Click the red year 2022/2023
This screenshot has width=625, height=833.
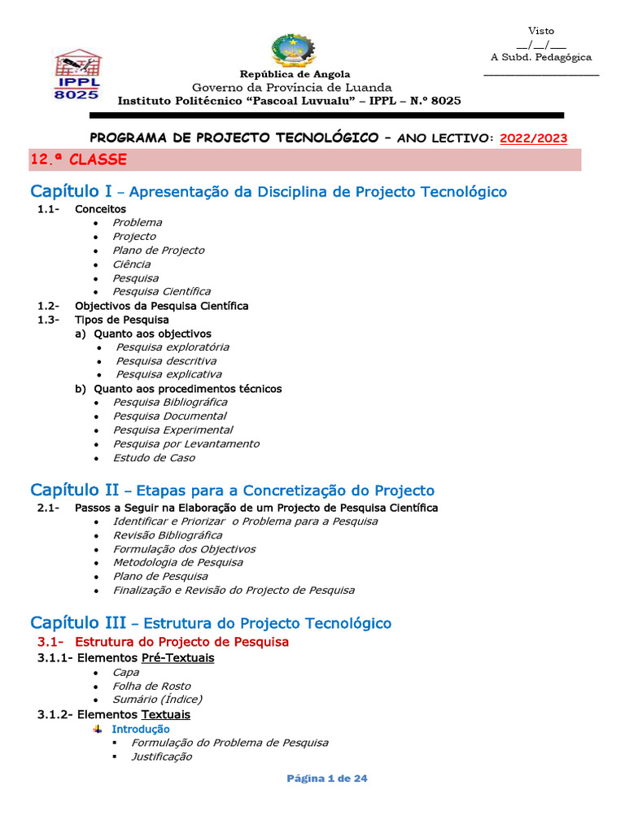534,138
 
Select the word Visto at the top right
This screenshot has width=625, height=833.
541,31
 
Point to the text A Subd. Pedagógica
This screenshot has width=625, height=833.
541,58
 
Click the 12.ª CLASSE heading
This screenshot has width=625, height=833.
79,159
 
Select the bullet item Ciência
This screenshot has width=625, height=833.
131,264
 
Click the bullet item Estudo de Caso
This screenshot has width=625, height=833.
154,458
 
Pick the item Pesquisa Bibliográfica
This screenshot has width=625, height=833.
170,402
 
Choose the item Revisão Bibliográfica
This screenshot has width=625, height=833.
167,535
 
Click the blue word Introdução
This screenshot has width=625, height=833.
141,730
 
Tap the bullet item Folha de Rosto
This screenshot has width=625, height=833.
151,686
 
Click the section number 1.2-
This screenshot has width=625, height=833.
48,306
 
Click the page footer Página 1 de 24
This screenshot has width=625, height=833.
327,778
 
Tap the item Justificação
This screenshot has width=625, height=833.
162,757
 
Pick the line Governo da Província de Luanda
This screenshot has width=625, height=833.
291,87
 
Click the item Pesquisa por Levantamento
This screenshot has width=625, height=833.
186,444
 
